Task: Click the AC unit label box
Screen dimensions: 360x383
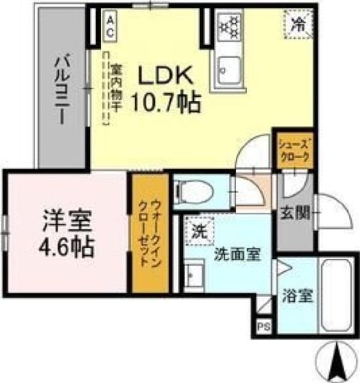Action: point(111,26)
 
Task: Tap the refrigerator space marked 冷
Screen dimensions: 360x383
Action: point(298,24)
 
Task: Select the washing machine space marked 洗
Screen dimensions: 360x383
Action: point(200,231)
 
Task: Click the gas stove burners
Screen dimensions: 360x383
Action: point(229,27)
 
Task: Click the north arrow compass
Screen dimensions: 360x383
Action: point(336,361)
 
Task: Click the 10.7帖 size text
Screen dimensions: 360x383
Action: point(166,102)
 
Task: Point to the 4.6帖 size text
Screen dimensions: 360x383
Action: point(67,247)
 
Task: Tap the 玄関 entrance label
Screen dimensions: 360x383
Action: point(295,213)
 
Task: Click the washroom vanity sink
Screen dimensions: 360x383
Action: point(194,274)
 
